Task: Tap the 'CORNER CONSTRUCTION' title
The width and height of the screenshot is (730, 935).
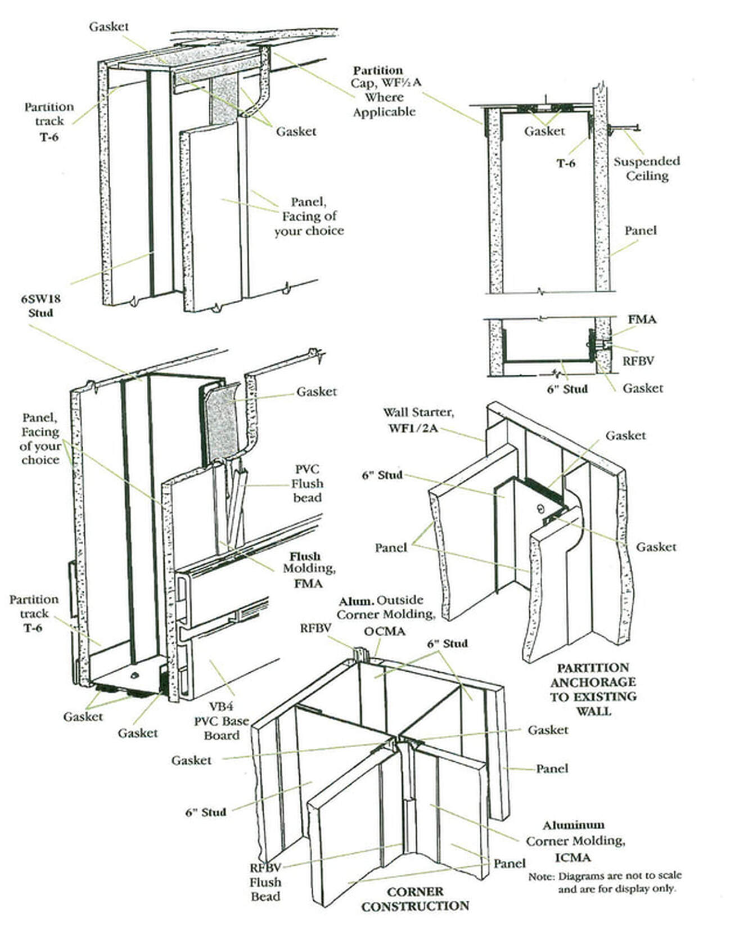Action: [415, 898]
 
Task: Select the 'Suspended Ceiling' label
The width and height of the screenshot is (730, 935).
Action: [646, 168]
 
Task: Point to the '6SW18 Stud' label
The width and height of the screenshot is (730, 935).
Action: [41, 305]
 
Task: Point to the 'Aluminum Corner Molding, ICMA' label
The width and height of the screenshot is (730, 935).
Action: [575, 841]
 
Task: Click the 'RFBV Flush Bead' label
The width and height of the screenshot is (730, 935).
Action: [265, 882]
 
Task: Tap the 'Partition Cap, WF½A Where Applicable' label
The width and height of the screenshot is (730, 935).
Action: [384, 91]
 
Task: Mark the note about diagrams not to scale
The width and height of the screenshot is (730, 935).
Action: [605, 882]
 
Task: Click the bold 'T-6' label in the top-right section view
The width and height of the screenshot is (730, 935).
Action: [566, 163]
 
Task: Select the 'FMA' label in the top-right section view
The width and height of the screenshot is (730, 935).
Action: [642, 319]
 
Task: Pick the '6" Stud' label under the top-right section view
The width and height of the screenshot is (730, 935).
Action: [567, 389]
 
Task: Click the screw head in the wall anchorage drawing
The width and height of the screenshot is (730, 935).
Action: [539, 509]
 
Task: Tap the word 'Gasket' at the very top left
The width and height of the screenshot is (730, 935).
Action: [109, 26]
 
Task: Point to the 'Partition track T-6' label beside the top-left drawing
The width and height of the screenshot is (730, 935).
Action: [49, 121]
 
